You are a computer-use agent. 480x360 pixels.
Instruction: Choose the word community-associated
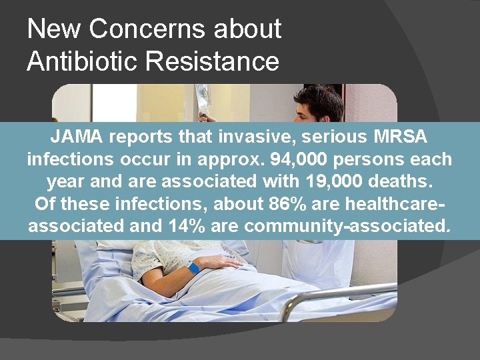(347, 226)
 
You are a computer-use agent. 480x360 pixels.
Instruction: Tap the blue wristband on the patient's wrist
(193, 267)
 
